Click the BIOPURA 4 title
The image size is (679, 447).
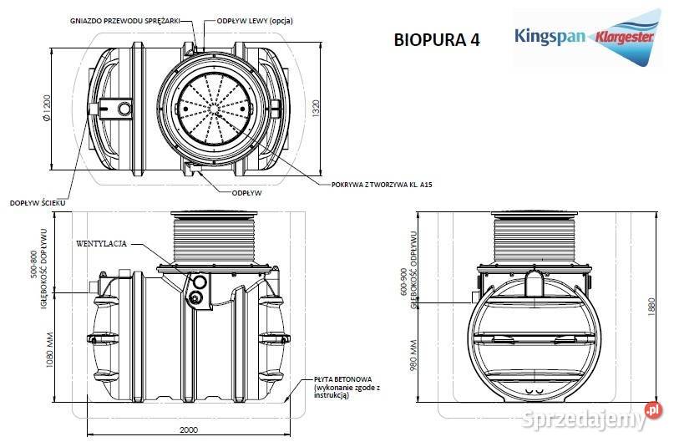coord(436,41)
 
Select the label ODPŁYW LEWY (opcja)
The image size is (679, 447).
coord(254,19)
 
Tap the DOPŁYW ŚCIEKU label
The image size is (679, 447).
coord(38,202)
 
